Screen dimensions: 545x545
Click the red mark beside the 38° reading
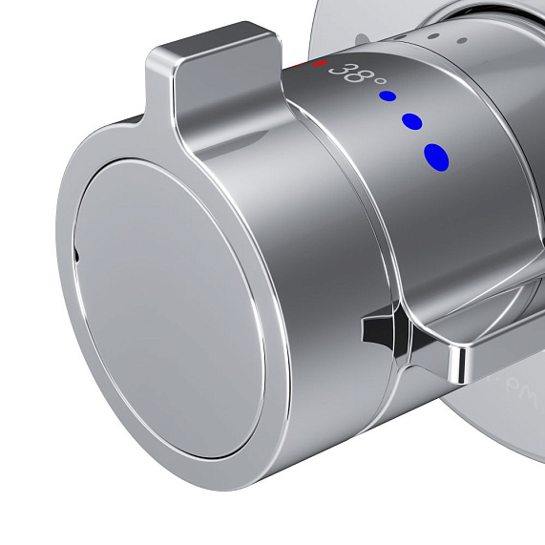point(320,64)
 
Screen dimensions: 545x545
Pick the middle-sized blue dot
point(412,121)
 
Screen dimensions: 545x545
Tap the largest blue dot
point(436,157)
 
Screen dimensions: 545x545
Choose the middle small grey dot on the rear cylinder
point(435,35)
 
